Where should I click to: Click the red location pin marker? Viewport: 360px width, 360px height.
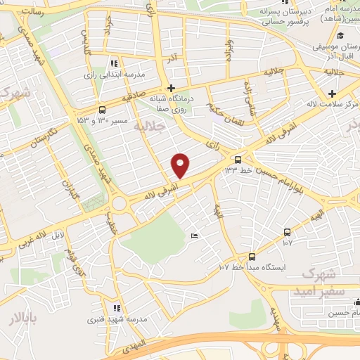click(x=181, y=165)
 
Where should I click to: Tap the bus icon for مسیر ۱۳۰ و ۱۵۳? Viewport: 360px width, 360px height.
click(x=103, y=110)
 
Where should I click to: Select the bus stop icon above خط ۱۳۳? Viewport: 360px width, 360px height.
click(x=238, y=160)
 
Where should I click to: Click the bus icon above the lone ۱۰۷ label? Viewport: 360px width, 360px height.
click(x=287, y=233)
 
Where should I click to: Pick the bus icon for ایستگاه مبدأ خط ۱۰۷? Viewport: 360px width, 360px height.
click(x=252, y=257)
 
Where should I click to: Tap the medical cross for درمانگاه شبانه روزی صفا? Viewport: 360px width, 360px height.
click(x=171, y=89)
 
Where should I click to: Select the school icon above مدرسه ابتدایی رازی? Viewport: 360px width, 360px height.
click(x=115, y=64)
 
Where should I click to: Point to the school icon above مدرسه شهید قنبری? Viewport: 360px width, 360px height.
click(x=117, y=308)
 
